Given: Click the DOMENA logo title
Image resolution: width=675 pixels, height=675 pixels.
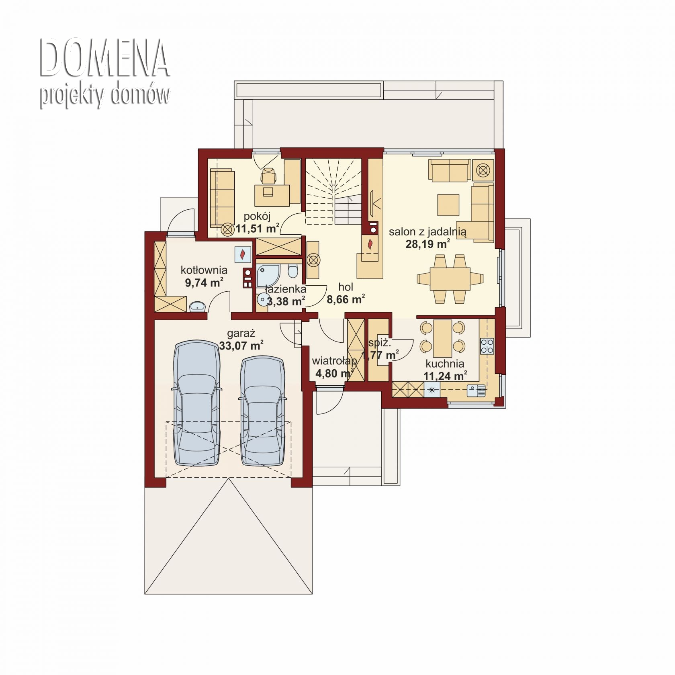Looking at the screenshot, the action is pos(104,58).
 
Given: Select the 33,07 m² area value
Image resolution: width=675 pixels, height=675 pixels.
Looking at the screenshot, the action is pos(241,346).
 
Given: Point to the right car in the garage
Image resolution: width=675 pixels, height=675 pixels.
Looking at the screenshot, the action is pos(263,410).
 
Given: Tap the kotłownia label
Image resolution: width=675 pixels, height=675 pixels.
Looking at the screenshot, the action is pos(204,270).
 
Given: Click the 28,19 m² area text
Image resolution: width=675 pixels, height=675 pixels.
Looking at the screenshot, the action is pos(427,244).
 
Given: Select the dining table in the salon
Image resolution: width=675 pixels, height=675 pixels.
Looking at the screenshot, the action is pos(450,278).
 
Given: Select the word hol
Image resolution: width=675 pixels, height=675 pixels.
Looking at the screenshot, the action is pos(346,287).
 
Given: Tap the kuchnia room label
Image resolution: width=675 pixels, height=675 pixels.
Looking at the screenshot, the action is pos(445,364).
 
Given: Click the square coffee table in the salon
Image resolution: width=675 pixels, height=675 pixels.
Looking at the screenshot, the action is pos(448,205).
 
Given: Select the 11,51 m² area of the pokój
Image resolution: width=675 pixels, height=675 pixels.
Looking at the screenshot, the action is pos(258,229).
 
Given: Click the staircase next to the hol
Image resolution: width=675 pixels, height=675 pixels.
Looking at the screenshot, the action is pos(333,191).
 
